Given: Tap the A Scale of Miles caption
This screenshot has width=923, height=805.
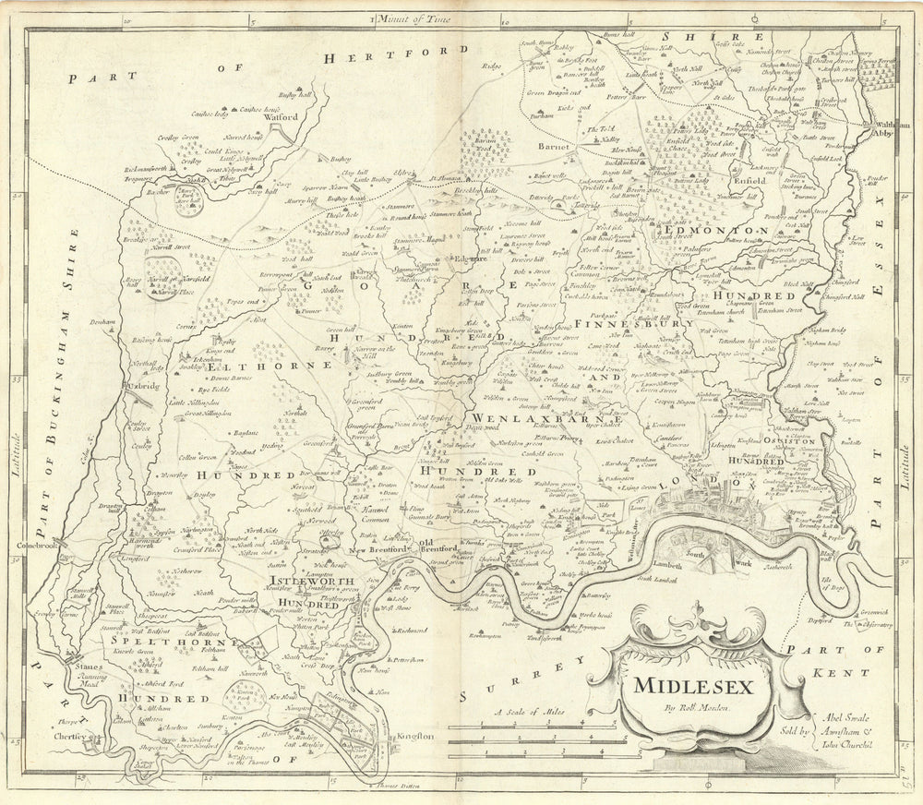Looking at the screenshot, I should tap(527, 711).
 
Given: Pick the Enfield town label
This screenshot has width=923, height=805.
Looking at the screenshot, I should tap(751, 181).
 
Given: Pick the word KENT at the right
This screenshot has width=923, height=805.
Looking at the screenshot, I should tap(833, 672).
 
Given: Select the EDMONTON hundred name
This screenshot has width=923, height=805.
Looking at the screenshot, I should tap(713, 229).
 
